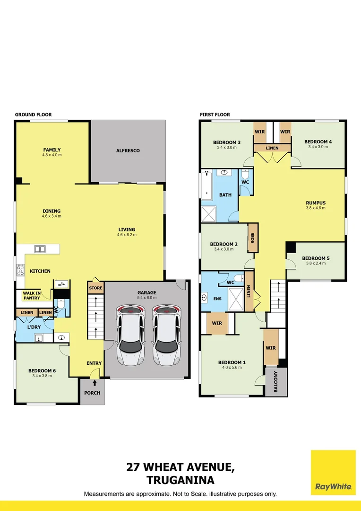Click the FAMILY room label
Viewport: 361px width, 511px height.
[x=52, y=150]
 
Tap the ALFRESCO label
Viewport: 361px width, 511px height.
[x=128, y=150]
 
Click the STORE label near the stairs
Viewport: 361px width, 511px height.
[x=95, y=288]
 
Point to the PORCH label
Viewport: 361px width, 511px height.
[x=92, y=393]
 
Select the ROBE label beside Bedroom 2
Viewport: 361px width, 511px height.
[x=253, y=237]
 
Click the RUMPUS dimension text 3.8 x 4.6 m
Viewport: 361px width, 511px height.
[x=316, y=208]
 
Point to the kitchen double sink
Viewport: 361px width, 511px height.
[x=40, y=249]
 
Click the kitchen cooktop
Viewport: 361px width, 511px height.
[x=20, y=270]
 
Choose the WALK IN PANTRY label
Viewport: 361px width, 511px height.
[x=32, y=296]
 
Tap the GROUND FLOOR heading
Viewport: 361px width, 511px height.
[x=33, y=115]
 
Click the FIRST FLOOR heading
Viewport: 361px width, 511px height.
[x=215, y=115]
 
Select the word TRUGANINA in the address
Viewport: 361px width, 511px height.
[x=180, y=480]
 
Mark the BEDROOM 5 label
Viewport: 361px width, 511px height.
[x=316, y=258]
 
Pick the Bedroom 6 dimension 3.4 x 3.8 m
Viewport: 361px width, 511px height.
[x=42, y=376]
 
